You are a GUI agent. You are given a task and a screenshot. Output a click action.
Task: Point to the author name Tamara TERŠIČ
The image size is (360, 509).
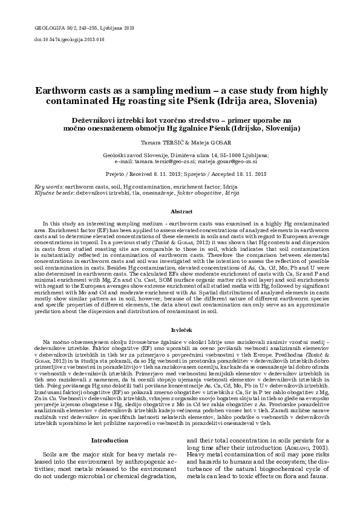pos(160,143)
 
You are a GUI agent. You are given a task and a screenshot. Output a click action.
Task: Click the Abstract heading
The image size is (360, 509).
pos(180,212)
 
